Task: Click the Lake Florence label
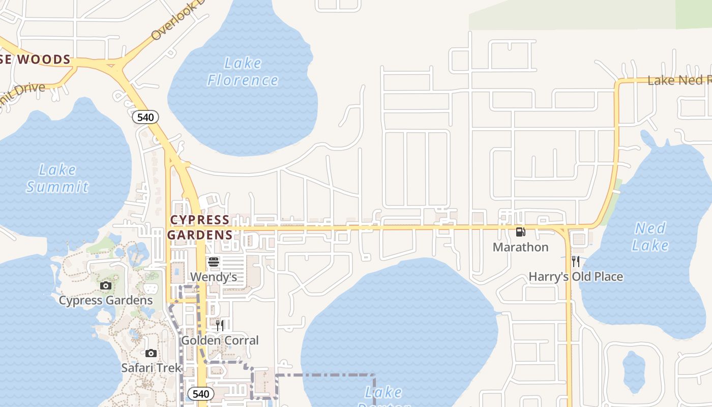243,72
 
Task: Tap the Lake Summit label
57,178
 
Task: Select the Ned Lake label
650,237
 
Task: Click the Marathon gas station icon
520,232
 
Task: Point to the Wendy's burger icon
214,262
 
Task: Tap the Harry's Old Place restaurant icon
576,261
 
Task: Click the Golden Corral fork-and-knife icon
220,325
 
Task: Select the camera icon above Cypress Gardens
106,285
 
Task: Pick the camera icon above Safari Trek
151,353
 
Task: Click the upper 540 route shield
145,117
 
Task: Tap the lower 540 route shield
200,394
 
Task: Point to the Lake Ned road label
679,80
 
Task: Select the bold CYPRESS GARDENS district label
200,227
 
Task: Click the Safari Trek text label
151,367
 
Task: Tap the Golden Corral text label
220,340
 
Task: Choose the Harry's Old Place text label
576,277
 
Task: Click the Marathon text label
520,247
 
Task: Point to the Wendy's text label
214,277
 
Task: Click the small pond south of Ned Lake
634,371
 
